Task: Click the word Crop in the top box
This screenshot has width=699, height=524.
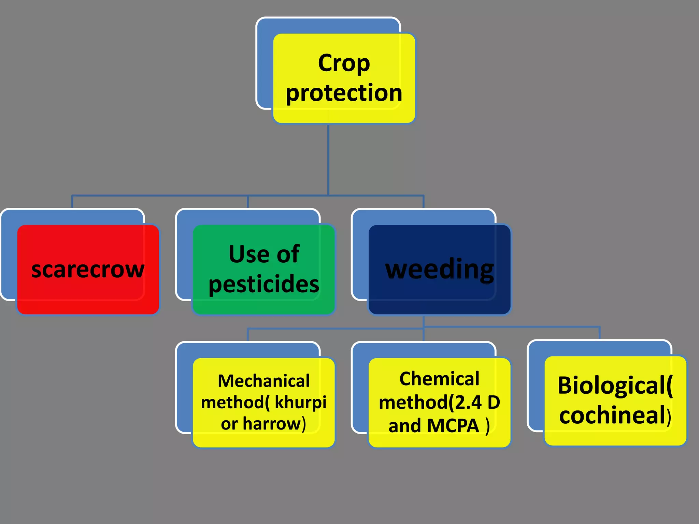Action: coord(344,63)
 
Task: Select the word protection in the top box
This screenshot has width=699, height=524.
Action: coord(344,93)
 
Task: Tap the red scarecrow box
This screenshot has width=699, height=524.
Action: coord(88,270)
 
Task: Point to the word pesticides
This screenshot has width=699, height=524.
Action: coord(264,284)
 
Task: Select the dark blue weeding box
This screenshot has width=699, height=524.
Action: coord(439,270)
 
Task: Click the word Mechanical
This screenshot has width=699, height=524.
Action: coord(263,381)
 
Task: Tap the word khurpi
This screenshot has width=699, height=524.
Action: coord(300,402)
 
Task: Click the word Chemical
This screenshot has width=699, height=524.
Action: coord(439,379)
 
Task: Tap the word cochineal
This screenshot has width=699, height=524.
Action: coord(613,415)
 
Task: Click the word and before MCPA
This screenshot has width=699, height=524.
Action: coord(404,426)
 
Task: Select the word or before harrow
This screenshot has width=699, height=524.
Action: coord(229,424)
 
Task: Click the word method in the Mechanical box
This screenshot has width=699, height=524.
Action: coord(232,402)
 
